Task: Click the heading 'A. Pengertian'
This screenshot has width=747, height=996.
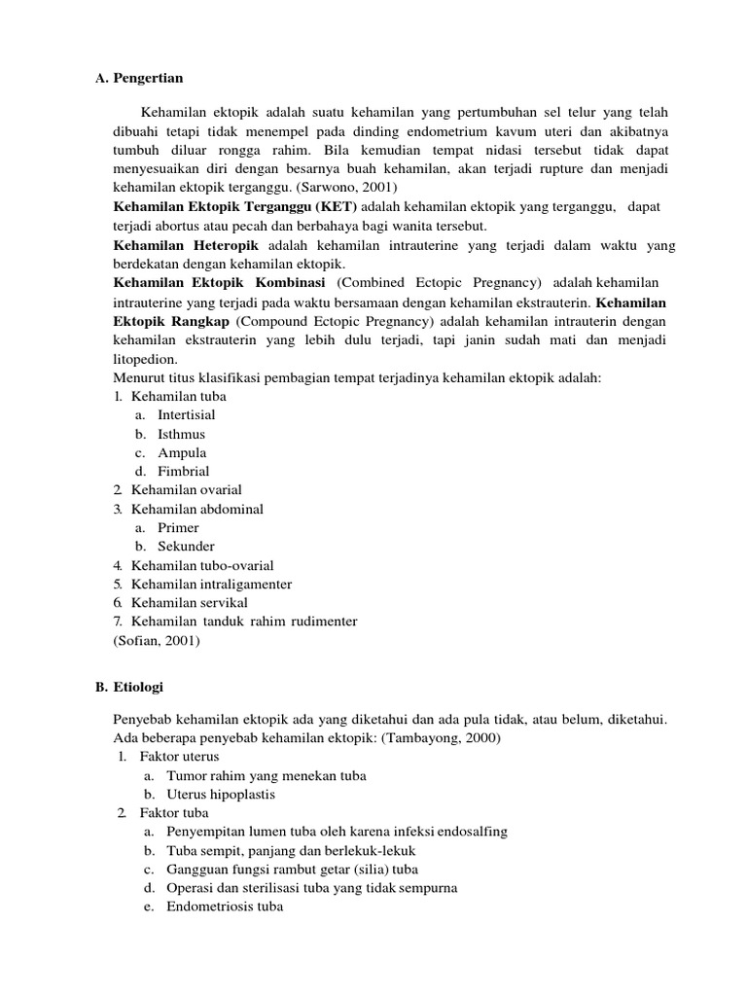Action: [x=139, y=77]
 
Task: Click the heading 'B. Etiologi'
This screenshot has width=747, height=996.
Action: [x=129, y=687]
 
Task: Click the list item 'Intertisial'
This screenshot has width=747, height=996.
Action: [x=187, y=415]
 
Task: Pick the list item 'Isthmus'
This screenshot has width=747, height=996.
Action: [x=182, y=434]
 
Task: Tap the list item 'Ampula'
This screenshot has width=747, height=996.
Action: [x=182, y=452]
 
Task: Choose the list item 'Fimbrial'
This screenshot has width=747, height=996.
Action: [x=184, y=471]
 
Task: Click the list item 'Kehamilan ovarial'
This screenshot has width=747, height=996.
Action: [x=187, y=490]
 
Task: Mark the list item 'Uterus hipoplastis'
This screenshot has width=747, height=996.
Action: [x=221, y=794]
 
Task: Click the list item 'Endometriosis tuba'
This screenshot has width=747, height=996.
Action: [x=225, y=907]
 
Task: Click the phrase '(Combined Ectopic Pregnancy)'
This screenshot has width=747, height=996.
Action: [x=439, y=282]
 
